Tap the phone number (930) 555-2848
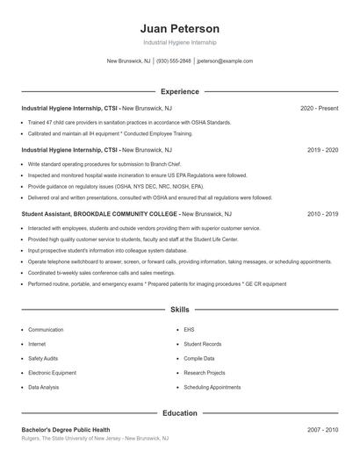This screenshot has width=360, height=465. click(173, 61)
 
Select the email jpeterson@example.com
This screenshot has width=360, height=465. click(225, 61)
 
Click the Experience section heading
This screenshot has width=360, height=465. click(179, 91)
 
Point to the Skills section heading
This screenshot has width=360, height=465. click(179, 310)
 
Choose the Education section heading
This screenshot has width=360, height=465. click(179, 412)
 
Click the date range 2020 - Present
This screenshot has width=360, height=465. click(319, 108)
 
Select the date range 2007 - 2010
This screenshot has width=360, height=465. click(322, 430)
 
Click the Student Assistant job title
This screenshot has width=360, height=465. click(52, 213)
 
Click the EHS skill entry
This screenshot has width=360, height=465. click(189, 330)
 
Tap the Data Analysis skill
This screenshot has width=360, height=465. click(44, 387)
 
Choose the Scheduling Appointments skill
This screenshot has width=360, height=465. click(212, 387)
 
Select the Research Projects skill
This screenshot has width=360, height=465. click(205, 373)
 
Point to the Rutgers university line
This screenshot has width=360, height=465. click(95, 439)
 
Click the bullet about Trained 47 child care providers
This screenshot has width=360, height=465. click(129, 122)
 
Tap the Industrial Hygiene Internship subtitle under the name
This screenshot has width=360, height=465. click(179, 42)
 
